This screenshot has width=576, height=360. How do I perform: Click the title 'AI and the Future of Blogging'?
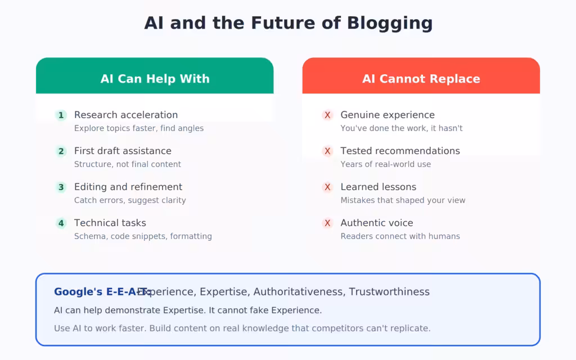point(288,24)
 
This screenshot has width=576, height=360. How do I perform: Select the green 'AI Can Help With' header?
point(155,79)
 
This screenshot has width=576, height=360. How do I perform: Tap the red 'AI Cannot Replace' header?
point(421,79)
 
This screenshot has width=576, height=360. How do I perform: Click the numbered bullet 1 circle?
point(61,115)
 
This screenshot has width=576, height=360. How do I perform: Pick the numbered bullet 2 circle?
point(61,151)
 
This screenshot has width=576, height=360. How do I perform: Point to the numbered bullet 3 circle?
point(61,187)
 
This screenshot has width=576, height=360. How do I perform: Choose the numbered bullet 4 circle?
point(61,223)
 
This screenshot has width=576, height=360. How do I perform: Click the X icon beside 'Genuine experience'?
point(327,115)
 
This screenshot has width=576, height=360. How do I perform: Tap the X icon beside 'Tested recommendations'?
point(327,151)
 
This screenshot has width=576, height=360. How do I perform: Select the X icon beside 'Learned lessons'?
point(327,187)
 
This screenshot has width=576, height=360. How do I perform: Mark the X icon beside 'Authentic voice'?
point(327,223)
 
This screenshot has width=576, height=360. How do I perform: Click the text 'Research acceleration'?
point(126,115)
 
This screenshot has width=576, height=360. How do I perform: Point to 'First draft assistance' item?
point(123,151)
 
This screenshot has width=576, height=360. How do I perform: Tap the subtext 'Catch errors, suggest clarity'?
point(130,200)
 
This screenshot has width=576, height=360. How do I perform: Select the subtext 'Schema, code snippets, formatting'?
point(143,236)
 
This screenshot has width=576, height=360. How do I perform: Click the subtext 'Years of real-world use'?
point(385,164)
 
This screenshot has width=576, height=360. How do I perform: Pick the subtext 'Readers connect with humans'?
point(400,236)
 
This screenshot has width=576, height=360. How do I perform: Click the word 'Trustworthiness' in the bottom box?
point(389,292)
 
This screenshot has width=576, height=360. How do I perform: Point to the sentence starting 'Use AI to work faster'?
point(242,328)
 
